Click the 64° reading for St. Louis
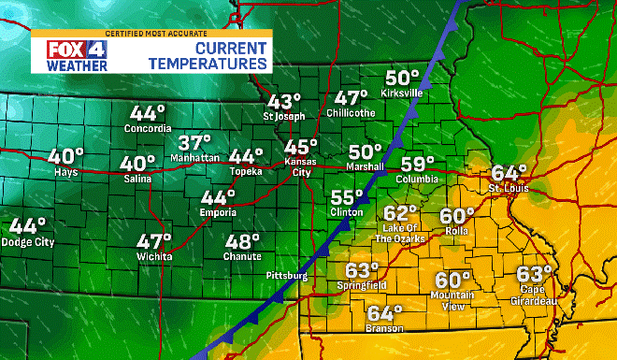(509, 173)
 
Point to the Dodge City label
(28, 243)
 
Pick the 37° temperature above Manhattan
(195, 143)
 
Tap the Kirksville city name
(403, 94)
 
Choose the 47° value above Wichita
(154, 240)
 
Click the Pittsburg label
(286, 276)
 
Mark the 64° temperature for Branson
(385, 313)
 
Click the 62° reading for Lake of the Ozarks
(401, 214)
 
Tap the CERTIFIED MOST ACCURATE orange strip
(150, 34)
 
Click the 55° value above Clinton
(347, 197)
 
